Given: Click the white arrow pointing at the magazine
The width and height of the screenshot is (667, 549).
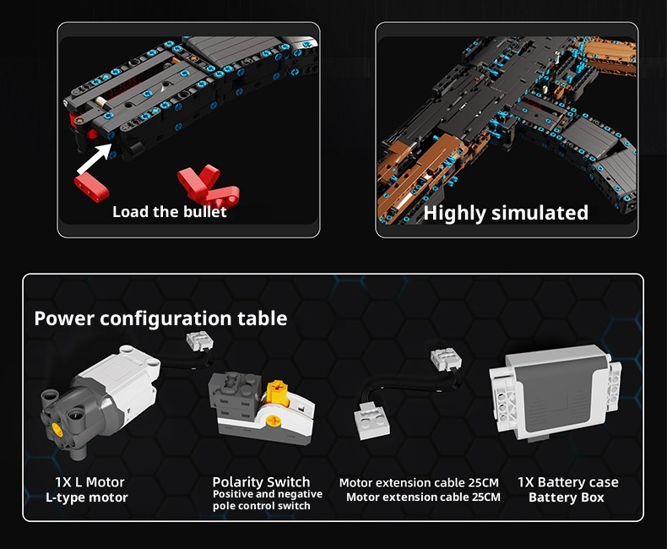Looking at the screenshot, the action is click(95, 158).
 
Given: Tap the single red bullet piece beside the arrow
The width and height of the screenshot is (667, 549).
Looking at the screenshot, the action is click(91, 187).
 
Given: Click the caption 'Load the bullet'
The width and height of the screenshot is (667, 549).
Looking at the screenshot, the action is click(170, 211).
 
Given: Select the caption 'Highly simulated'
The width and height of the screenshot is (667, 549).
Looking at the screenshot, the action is click(506, 213).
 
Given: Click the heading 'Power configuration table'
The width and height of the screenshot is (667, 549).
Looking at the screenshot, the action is click(160, 318).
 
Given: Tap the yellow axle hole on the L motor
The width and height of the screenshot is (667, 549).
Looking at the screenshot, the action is click(57, 431).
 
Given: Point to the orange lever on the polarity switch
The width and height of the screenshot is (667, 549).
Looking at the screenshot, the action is click(277, 391).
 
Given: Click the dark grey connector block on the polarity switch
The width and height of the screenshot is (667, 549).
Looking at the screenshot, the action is click(234, 396).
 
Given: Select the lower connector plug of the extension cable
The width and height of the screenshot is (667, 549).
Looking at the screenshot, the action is click(371, 421).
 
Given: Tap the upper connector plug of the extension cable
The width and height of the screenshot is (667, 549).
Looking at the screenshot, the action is click(446, 359).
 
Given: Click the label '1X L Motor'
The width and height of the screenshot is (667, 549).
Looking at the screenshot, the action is click(89, 481).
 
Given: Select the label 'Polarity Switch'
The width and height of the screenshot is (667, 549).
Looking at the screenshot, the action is click(261, 481).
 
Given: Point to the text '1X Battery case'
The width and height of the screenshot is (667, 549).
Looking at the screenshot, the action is click(568, 482).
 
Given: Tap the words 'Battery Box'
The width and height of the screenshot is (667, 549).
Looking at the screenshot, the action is click(567, 497).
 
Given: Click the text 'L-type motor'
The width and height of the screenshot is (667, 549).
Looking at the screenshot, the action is click(87, 497).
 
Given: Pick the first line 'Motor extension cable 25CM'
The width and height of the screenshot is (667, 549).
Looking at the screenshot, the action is click(419, 482).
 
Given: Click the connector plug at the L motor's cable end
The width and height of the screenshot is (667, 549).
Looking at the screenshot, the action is click(199, 341).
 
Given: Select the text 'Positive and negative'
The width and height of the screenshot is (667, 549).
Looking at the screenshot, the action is click(268, 494).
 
